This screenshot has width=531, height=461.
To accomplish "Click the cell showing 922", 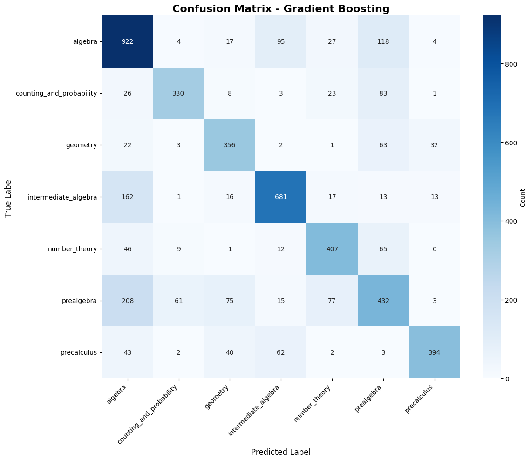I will pos(127,41).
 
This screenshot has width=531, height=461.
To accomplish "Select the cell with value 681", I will pos(281,197).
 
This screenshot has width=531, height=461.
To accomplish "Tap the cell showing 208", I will pos(127,301).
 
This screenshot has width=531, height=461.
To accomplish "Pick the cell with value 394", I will pos(434,352).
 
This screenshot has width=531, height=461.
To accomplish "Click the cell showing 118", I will pos(383,41).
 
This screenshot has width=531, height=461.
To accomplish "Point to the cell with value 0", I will pos(434,249).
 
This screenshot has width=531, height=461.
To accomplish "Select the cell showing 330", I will pos(178,93).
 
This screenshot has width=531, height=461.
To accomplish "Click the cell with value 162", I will pos(127,197).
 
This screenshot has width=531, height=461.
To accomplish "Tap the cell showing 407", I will pos(332,249).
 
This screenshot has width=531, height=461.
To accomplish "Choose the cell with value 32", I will pos(434,145).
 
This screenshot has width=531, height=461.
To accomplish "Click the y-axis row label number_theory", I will pos(72,249).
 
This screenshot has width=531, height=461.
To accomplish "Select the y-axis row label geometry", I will pos(82,145).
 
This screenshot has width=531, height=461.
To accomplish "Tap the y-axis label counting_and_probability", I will pos(56,93).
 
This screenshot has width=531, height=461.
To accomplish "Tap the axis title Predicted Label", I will pos(281,452).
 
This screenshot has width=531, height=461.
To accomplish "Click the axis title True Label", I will pos(8,197).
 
